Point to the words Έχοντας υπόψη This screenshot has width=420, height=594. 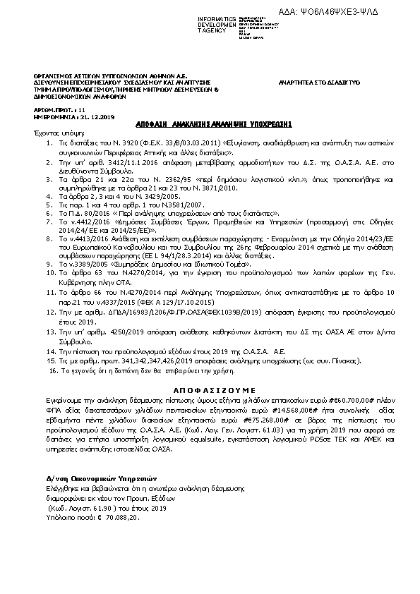(x=44, y=132)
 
